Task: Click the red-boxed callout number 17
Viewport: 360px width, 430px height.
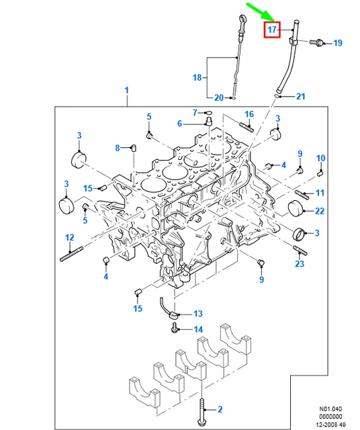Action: point(272,30)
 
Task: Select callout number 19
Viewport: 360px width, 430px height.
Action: point(338,43)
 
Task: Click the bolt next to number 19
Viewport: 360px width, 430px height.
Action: point(318,42)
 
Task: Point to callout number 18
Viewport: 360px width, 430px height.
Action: point(197,78)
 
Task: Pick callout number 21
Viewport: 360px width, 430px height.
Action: point(300,96)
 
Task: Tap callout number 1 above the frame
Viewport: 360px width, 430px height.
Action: point(127,90)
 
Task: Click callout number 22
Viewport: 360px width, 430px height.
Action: point(320,211)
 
